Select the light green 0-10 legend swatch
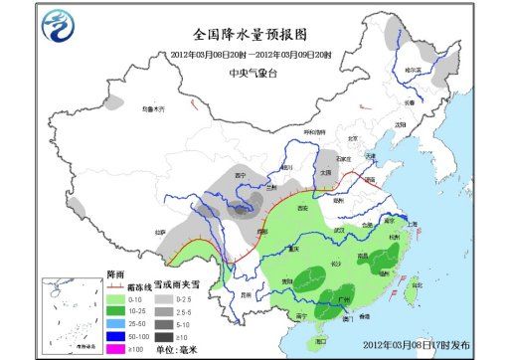pyautogui.click(x=112, y=296)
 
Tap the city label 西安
pyautogui.click(x=303, y=208)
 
